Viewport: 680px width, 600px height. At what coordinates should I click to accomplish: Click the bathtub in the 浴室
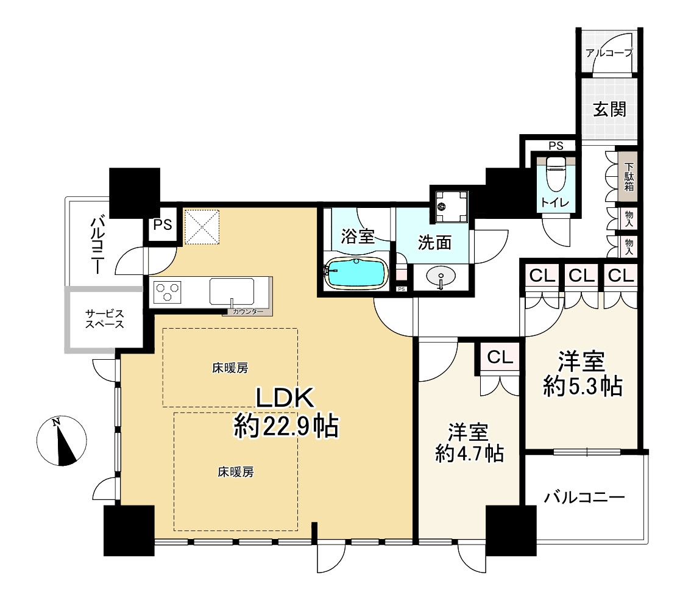coord(356,273)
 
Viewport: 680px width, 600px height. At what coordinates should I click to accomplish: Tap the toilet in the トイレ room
coord(555,174)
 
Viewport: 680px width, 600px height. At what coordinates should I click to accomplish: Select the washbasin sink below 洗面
coord(441,276)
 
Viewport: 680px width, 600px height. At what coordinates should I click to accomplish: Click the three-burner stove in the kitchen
coord(168,291)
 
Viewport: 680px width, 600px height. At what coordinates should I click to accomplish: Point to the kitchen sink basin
coord(232,291)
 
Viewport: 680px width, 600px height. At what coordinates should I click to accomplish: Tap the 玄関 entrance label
coord(610,109)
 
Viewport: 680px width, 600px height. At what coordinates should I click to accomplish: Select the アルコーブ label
coord(609,53)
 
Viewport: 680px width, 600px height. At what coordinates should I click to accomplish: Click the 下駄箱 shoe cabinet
coord(628,176)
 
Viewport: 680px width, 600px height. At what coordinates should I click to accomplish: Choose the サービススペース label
coord(105,318)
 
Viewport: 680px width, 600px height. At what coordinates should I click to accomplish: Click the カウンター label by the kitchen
coord(248,312)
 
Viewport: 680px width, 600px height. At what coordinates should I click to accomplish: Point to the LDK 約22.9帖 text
coord(286,412)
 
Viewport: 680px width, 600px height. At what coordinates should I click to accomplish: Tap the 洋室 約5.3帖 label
coord(583,374)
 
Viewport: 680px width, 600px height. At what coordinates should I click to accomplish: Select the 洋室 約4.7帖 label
coord(469,443)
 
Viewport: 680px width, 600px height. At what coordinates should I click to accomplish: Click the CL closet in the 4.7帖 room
coord(500,357)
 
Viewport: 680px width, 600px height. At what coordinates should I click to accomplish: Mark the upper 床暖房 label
coord(230,368)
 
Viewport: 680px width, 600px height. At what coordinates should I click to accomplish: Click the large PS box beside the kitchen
coord(163,225)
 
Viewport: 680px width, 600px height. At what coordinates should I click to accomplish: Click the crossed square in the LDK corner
coord(202,227)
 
